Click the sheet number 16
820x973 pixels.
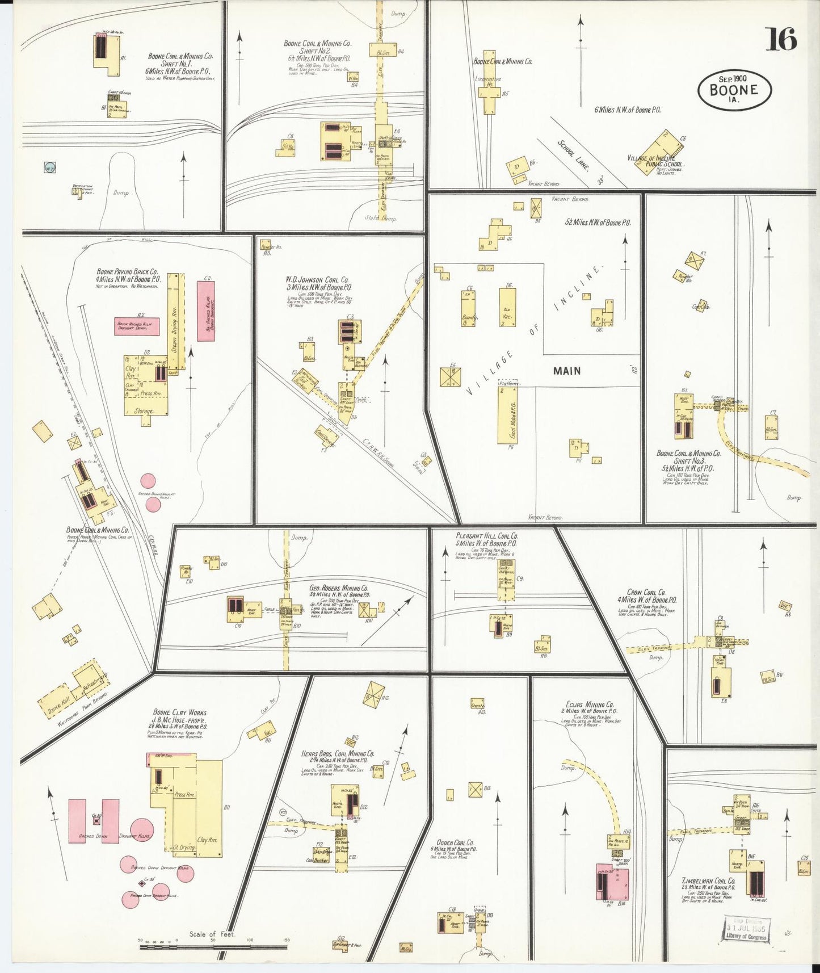click(x=782, y=39)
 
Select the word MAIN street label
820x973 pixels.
click(x=567, y=371)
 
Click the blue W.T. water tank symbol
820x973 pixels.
click(x=49, y=168)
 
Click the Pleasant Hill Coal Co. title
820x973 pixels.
click(x=486, y=535)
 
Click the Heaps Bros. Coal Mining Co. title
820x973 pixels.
click(x=338, y=754)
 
